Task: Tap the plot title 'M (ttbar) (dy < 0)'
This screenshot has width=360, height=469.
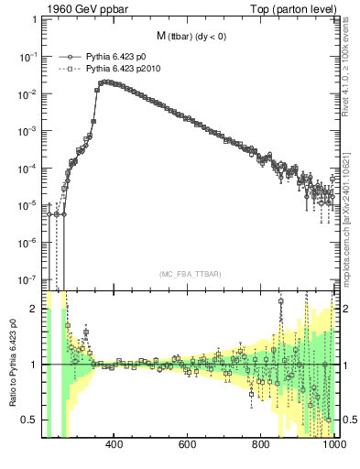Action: [190, 37]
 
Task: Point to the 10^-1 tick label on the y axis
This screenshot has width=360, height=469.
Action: [27, 56]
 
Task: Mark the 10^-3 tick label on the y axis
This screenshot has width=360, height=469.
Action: [27, 131]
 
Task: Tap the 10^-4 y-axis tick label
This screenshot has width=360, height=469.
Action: [27, 169]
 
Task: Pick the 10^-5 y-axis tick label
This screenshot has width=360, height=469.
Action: [27, 206]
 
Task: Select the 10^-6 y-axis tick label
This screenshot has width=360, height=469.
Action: [27, 243]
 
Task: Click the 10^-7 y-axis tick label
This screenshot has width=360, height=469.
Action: [27, 280]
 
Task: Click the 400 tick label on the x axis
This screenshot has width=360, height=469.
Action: [115, 447]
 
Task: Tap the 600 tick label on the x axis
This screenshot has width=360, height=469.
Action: [188, 447]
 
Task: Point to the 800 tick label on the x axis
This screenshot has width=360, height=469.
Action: [261, 447]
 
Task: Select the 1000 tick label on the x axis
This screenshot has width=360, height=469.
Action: [332, 447]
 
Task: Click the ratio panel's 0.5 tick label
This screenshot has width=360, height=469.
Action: [31, 420]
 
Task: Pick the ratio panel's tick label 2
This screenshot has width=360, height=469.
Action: [35, 309]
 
